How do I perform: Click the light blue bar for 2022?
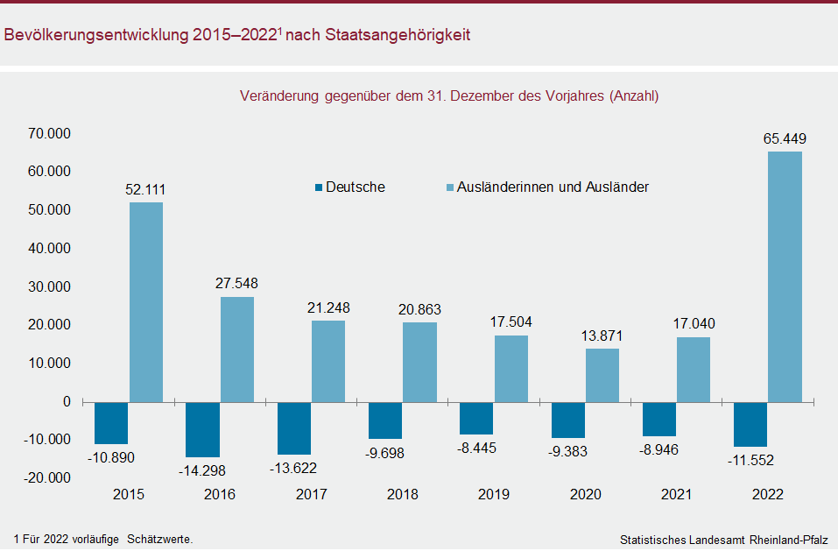(785, 276)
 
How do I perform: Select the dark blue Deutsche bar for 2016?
(202, 429)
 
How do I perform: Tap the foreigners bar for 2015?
(146, 301)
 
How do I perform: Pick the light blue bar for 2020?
(602, 375)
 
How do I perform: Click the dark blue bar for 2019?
(476, 418)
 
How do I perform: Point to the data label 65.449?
(785, 138)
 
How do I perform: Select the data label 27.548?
(236, 284)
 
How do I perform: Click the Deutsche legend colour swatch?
(319, 187)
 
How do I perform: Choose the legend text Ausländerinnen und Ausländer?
(553, 187)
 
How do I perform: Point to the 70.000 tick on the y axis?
(49, 133)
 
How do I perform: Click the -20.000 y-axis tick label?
(47, 477)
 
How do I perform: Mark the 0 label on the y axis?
(67, 401)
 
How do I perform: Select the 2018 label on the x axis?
(403, 495)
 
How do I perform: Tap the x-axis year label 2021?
(677, 495)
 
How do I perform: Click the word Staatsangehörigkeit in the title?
(398, 36)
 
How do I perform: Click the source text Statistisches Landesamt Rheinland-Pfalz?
(724, 539)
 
